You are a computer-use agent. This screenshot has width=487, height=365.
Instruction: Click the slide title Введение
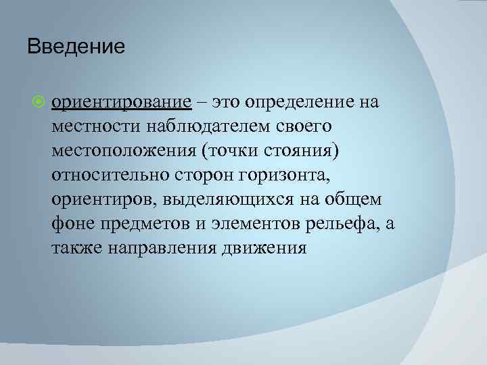76,47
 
